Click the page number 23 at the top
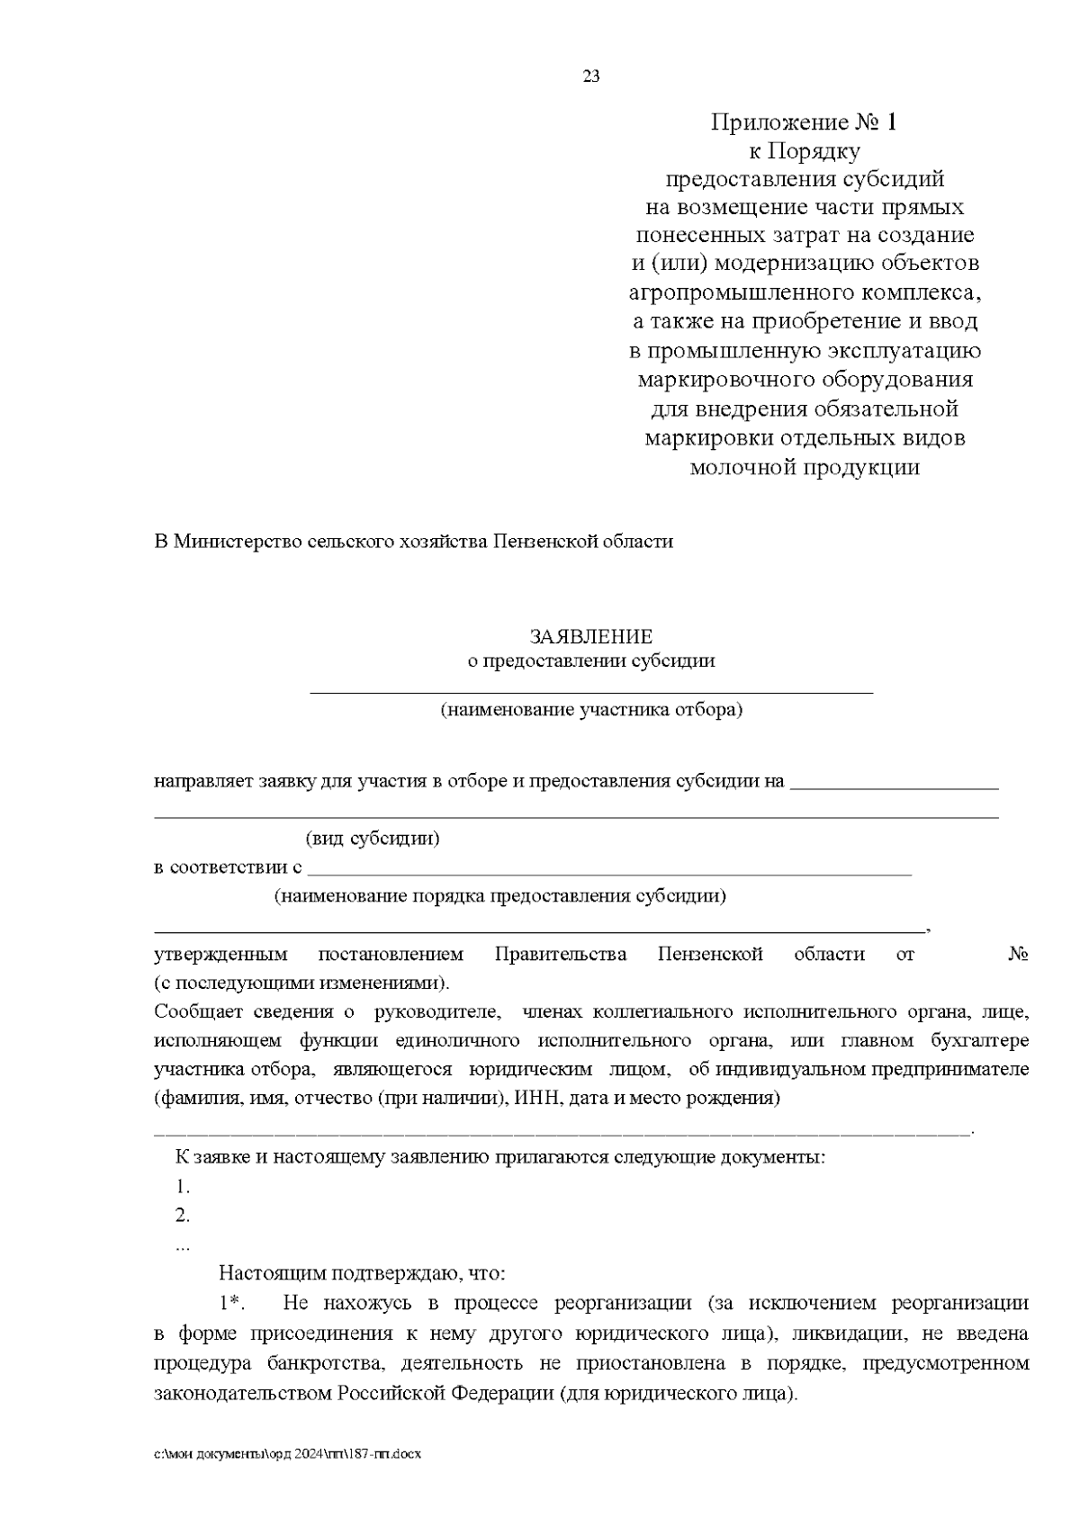coord(591,76)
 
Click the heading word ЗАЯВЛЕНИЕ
coord(591,637)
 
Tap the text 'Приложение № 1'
coord(805,121)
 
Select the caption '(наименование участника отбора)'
coord(591,710)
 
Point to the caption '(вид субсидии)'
coord(373,839)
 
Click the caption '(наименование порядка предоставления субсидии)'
coord(500,896)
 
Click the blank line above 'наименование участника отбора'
coord(591,692)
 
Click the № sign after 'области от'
coord(1018,955)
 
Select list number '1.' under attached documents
coord(183,1186)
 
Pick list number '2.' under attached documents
coord(183,1216)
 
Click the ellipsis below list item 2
coord(183,1246)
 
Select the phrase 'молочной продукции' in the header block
coord(805,467)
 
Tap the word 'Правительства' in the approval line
coord(561,955)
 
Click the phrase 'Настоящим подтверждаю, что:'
coord(363,1274)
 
